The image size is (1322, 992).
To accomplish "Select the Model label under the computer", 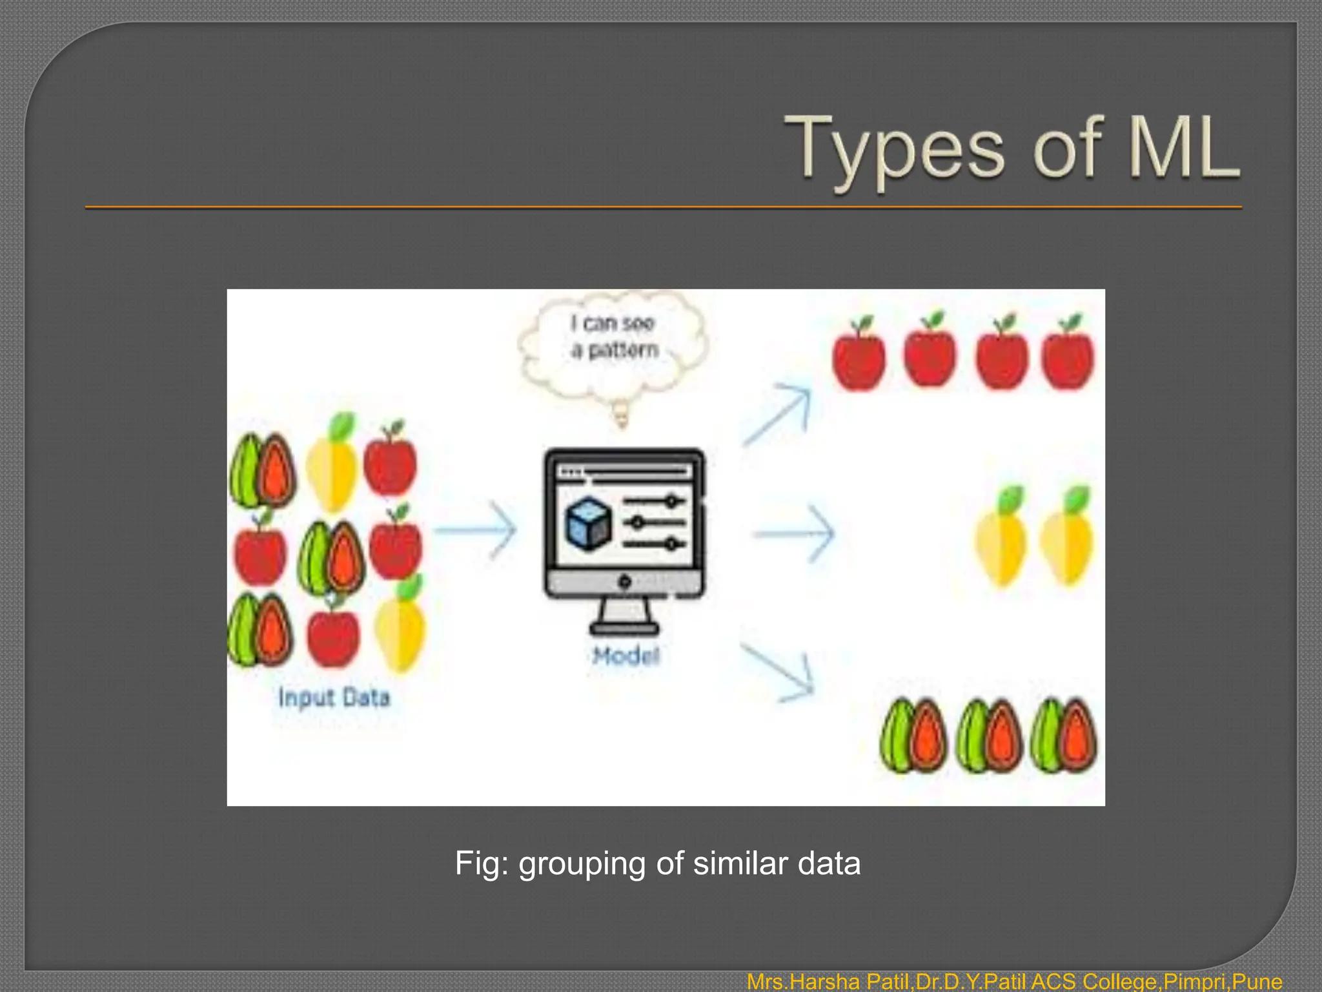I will pos(625,656).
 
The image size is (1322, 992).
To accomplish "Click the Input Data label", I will pos(334,697).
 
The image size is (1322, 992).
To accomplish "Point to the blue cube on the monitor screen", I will pos(588,523).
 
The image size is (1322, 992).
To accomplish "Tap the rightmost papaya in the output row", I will pos(1064,736).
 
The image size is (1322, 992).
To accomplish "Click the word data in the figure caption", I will pos(829,863).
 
